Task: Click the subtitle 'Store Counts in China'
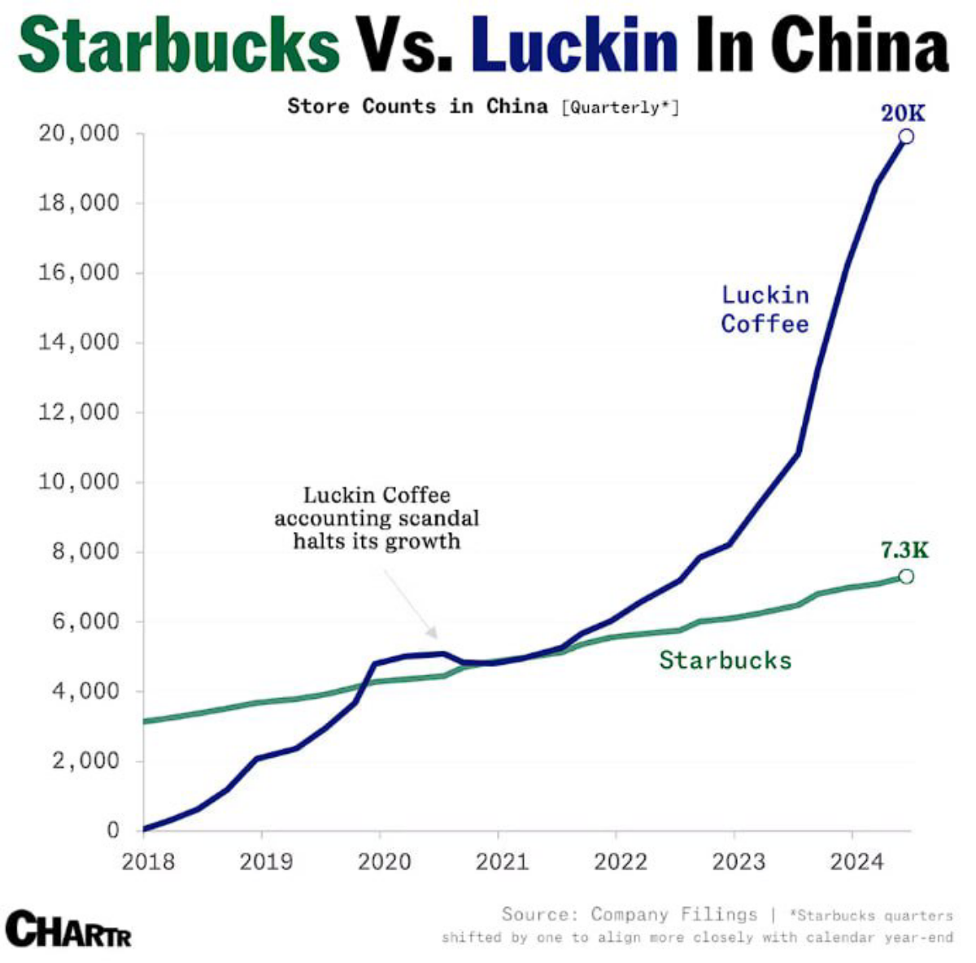417,107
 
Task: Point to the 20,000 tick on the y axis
79,133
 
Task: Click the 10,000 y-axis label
79,481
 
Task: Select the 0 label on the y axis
112,830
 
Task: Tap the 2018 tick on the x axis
148,861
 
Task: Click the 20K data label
903,112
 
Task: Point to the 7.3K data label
904,551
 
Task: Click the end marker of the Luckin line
905,137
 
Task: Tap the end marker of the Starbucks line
905,577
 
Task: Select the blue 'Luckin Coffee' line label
765,309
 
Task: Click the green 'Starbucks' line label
725,660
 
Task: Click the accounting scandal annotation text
377,518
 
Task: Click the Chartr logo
68,928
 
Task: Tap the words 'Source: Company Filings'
629,914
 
